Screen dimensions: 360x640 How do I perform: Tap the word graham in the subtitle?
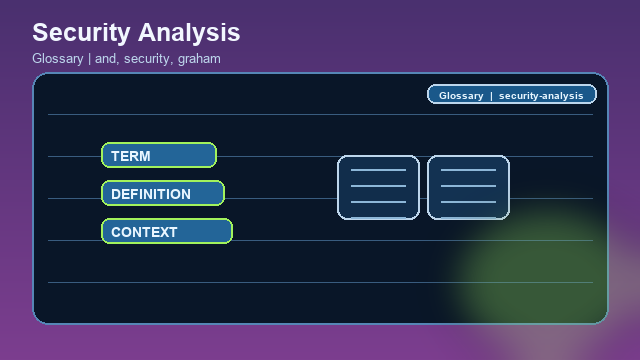click(x=200, y=59)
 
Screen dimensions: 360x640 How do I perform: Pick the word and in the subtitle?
click(x=105, y=59)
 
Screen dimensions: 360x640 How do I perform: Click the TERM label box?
click(x=159, y=155)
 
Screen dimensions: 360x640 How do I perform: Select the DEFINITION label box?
click(x=163, y=193)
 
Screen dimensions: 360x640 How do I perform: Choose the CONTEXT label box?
click(x=167, y=231)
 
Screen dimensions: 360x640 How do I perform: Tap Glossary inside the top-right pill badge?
click(x=461, y=95)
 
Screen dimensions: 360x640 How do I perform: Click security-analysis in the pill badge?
click(x=540, y=95)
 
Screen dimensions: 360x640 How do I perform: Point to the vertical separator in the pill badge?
click(x=491, y=95)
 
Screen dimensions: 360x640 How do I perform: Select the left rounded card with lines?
click(x=378, y=187)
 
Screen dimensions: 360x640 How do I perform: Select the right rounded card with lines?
click(x=468, y=187)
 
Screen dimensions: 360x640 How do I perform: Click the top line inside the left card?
click(x=378, y=170)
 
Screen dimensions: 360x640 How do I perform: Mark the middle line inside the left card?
click(x=378, y=186)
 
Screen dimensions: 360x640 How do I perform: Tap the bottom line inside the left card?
click(x=378, y=202)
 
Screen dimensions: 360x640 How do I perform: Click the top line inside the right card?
click(x=468, y=170)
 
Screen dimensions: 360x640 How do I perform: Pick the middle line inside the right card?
click(x=468, y=186)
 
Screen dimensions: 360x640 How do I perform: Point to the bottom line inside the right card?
click(x=468, y=202)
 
